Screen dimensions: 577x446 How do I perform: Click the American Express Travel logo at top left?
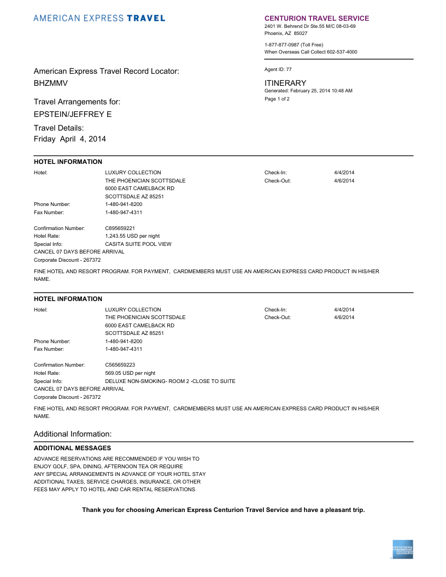(99, 18)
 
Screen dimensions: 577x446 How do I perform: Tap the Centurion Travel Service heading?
(316, 18)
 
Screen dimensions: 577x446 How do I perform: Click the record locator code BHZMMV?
(51, 83)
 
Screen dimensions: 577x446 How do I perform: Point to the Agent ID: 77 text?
(278, 69)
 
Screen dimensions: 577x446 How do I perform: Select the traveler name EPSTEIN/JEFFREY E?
(73, 114)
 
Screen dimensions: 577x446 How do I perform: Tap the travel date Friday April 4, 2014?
(70, 139)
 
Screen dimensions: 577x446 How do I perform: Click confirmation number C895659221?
(120, 228)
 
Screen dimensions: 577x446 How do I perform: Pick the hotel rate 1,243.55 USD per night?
(132, 236)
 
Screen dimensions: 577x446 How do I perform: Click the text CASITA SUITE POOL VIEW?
(138, 244)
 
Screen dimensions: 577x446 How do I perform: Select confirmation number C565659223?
(120, 365)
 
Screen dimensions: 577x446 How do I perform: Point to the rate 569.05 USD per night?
(130, 373)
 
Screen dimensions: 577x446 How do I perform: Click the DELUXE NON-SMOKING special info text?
(170, 381)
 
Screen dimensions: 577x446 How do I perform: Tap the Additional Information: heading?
(73, 434)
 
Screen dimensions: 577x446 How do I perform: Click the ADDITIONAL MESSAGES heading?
(72, 448)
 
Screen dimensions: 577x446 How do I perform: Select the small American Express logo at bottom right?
(403, 549)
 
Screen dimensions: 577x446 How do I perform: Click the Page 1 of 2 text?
(277, 99)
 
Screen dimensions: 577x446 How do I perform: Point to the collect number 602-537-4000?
(342, 52)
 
